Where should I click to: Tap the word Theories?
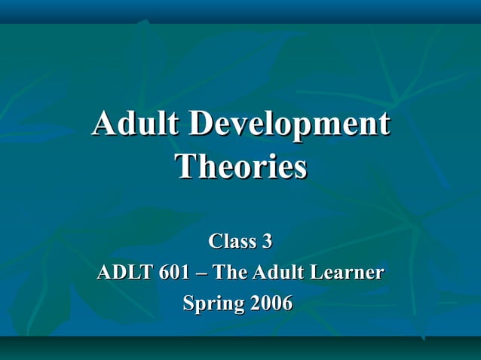[240, 166]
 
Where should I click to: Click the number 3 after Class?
[266, 242]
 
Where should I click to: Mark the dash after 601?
[201, 273]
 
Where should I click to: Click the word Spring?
[213, 304]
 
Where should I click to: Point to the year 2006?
[270, 304]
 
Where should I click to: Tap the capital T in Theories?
[185, 166]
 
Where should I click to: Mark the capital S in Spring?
[190, 303]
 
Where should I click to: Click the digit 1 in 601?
[184, 272]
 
